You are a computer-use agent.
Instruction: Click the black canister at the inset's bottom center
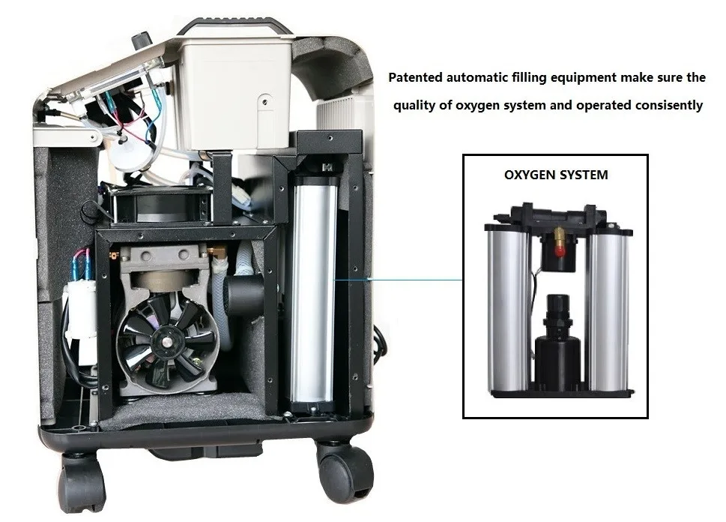557,360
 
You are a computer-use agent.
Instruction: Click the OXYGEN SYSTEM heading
555,175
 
